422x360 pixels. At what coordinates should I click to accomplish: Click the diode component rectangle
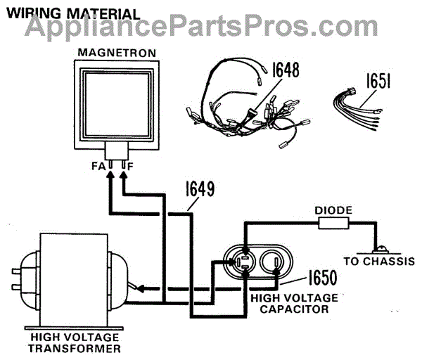[334, 224]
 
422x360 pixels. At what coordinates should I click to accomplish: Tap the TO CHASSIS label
[371, 261]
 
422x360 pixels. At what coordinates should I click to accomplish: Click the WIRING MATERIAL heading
[72, 14]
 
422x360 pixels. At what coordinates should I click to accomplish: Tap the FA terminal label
[97, 167]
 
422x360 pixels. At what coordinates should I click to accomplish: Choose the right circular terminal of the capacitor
[273, 265]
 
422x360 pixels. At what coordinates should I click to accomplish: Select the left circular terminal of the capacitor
[245, 264]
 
